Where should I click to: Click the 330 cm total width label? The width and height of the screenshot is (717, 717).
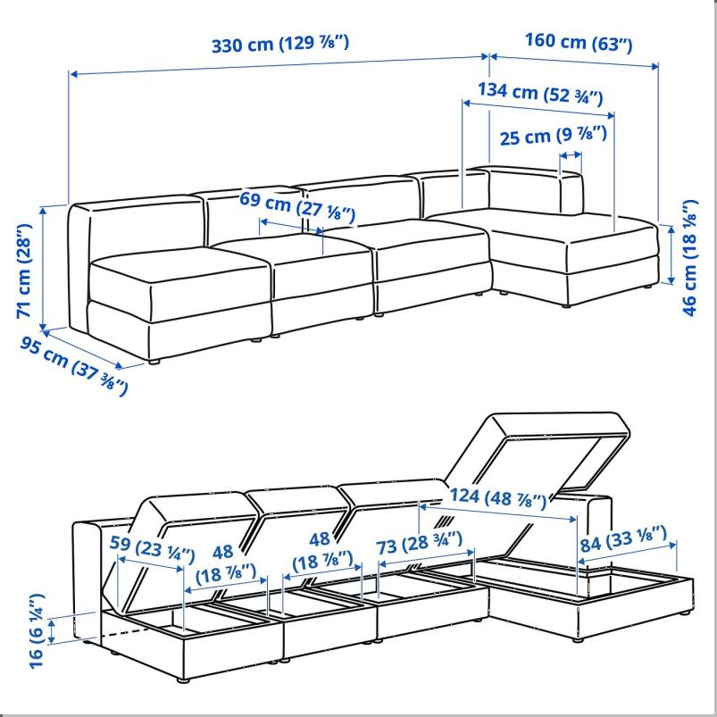click(x=279, y=44)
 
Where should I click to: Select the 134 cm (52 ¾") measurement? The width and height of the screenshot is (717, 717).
click(x=539, y=92)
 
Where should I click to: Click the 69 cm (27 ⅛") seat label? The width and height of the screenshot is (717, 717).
click(x=297, y=204)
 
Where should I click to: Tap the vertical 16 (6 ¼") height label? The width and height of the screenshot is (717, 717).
click(x=34, y=624)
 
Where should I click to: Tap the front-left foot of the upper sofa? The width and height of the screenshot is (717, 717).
click(x=155, y=362)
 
